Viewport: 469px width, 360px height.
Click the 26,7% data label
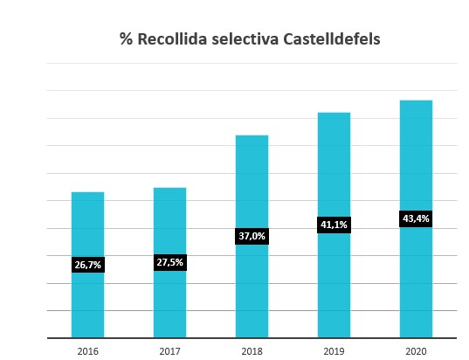[87, 265]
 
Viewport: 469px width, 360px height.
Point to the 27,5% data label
[169, 261]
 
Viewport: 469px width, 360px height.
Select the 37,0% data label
[252, 236]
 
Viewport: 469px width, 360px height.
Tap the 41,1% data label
[334, 225]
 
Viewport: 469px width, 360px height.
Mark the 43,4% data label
[416, 218]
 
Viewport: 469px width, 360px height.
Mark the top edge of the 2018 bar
[252, 136]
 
